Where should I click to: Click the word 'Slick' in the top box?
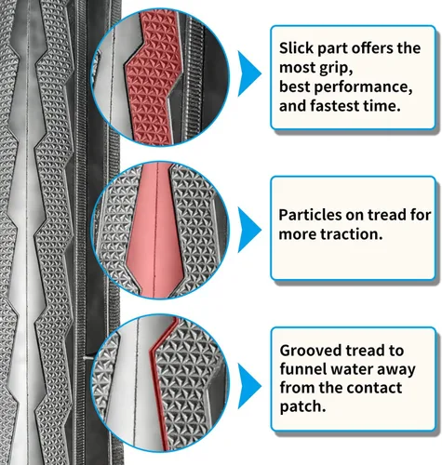click(297, 48)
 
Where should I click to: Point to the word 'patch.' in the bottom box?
click(302, 407)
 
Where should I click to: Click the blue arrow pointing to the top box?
click(249, 73)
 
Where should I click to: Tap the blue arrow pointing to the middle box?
click(249, 230)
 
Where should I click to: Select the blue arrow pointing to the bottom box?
click(249, 386)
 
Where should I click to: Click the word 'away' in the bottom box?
click(396, 370)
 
